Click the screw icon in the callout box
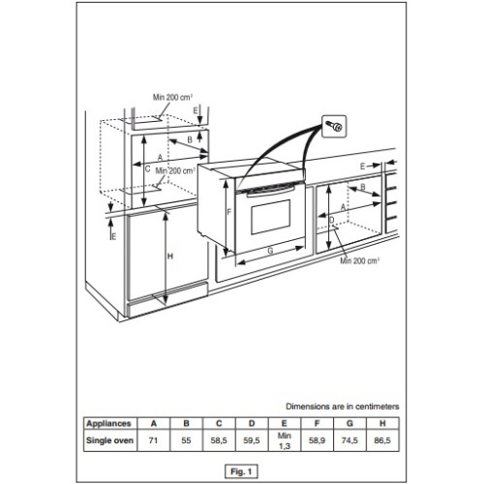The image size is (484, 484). pos(334,126)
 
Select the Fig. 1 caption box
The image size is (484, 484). pos(241,471)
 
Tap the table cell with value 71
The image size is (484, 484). pos(154,440)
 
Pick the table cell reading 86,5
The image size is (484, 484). pos(382,440)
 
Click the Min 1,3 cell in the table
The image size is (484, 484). pos(285,440)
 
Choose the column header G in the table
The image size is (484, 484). pos(349,423)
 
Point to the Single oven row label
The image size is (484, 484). pos(109,440)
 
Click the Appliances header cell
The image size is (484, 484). pos(109,423)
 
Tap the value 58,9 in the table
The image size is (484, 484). pos(317,440)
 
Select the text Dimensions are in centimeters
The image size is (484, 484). pos(343,407)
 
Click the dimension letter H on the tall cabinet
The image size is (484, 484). pos(170,257)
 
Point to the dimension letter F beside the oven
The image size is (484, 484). pos(229,212)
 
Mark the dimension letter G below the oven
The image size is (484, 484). pos(270,251)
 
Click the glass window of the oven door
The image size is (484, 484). pos(270,217)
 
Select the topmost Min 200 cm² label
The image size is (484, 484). pos(173,97)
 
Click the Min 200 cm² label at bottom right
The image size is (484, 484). pos(359,260)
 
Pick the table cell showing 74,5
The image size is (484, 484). pos(349,440)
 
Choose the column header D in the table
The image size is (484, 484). pos(252,423)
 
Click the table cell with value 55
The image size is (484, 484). pos(186,440)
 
